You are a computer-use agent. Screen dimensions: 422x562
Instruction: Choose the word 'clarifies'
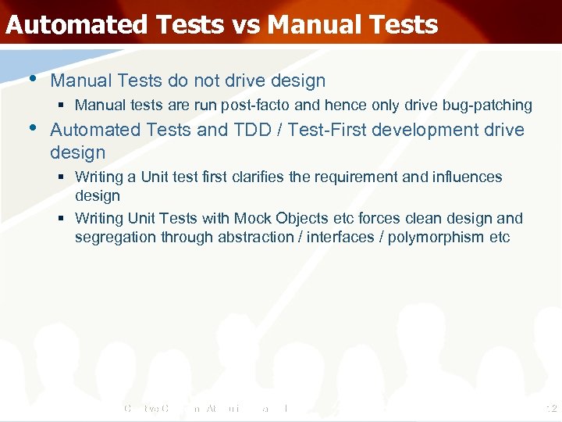[258, 177]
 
